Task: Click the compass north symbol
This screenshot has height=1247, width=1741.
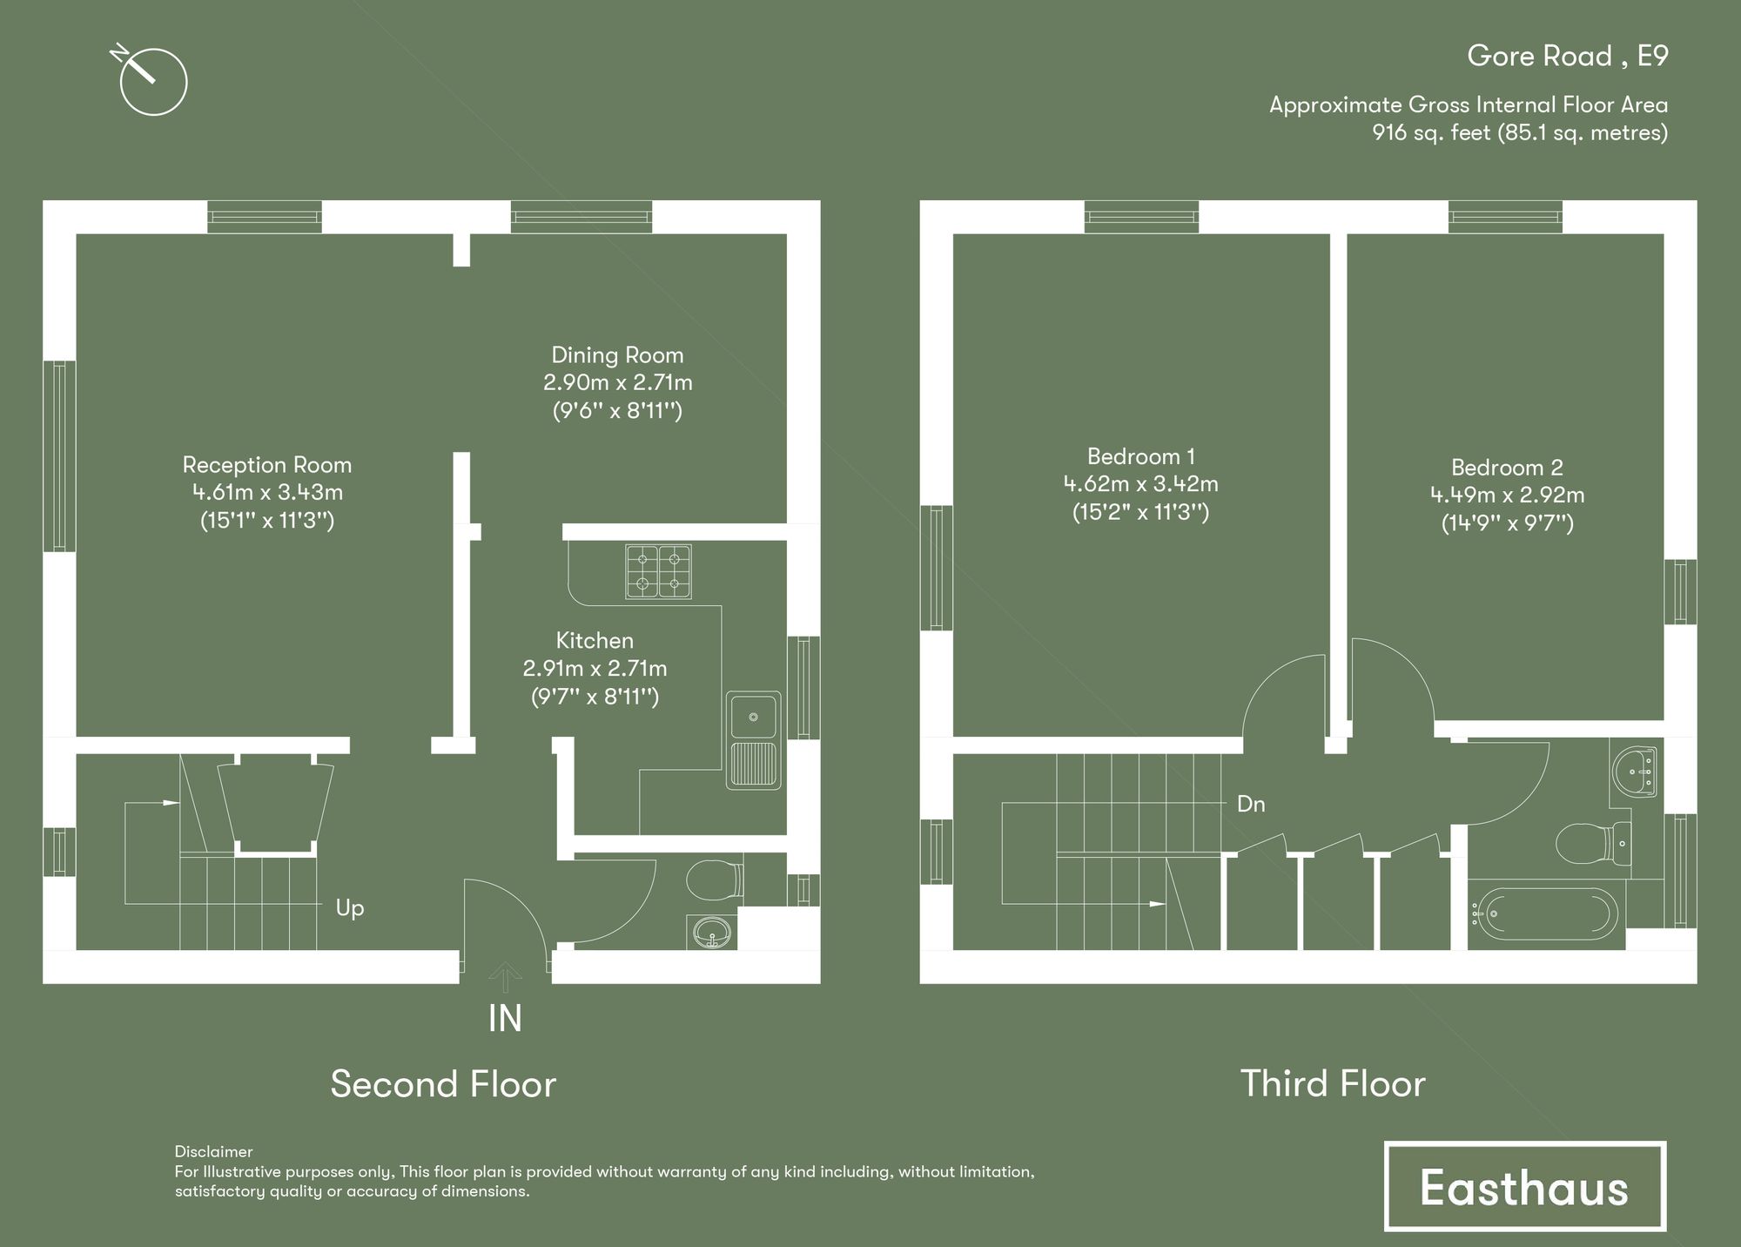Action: (152, 81)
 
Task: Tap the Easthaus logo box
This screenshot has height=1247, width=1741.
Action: (1524, 1186)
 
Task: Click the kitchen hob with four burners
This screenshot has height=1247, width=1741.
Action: (658, 571)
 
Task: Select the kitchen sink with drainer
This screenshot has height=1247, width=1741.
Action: (754, 740)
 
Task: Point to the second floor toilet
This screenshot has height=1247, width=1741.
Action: (714, 880)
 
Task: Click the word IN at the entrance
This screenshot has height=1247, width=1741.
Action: (505, 1019)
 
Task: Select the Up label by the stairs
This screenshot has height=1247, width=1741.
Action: (350, 908)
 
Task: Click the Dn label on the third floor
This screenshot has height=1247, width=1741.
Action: (1251, 804)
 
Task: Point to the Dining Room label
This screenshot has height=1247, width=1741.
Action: (617, 355)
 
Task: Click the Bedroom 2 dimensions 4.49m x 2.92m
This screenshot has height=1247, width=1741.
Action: (1507, 495)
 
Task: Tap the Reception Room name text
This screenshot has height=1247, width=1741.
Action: (266, 465)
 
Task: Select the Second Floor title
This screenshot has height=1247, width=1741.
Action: (443, 1084)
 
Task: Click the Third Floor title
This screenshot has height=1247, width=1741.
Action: (1333, 1084)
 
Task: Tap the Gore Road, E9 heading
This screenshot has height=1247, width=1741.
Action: (1567, 57)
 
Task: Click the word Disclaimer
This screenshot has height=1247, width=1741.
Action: (213, 1152)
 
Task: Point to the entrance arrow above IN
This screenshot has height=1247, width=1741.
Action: (505, 977)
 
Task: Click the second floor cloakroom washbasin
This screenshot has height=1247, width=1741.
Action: (712, 933)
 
